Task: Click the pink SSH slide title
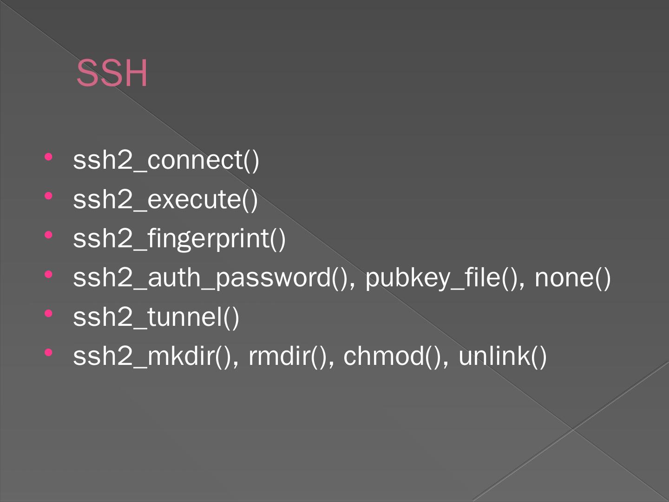click(x=112, y=73)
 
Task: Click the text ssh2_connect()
click(x=166, y=160)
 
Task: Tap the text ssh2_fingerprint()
click(x=179, y=238)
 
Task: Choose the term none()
click(x=572, y=277)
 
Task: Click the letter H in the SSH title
click(x=136, y=73)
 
